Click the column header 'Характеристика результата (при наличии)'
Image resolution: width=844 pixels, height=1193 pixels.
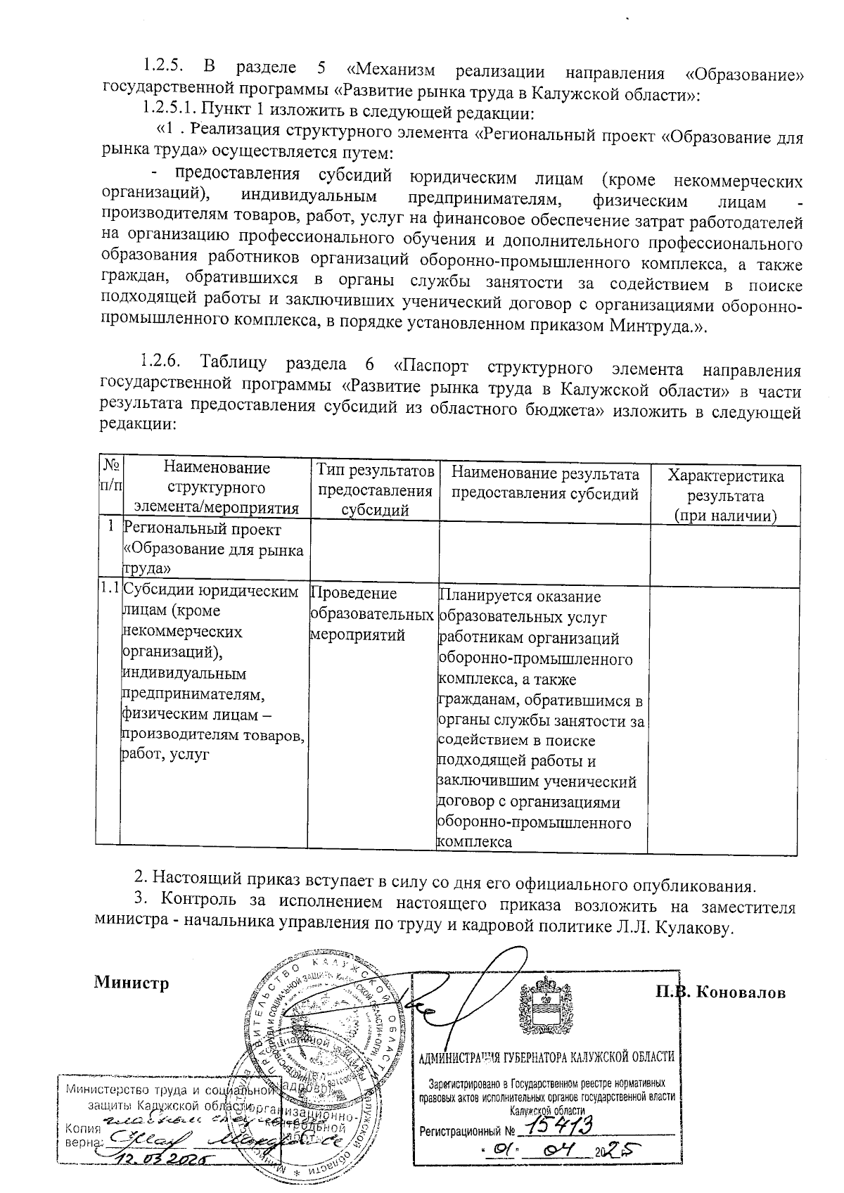725,495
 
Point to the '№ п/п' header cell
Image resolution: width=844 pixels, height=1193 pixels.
110,475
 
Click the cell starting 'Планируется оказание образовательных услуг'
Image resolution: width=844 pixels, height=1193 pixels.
540,717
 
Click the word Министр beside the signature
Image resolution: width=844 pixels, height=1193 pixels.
132,983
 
